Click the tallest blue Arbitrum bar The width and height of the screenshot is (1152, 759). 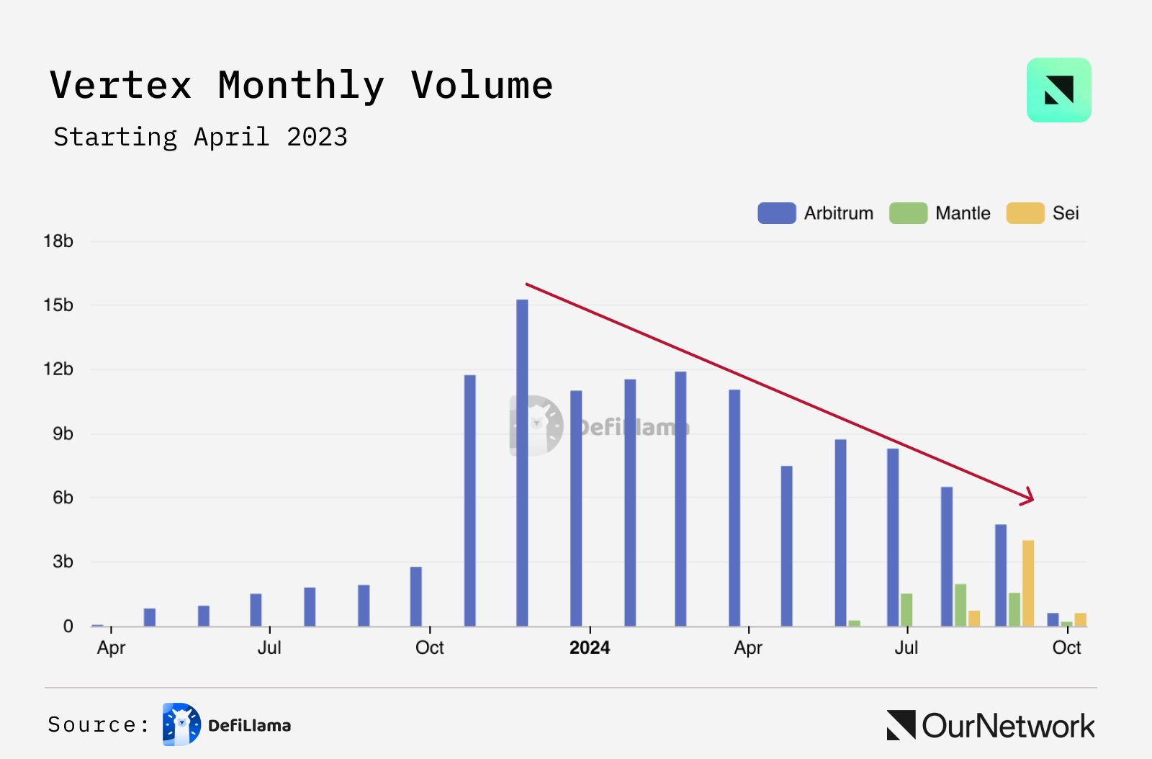click(522, 461)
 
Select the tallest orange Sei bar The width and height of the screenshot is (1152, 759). click(1028, 583)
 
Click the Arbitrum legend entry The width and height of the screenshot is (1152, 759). click(815, 213)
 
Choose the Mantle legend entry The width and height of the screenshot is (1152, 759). click(940, 213)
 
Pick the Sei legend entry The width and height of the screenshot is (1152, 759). click(1043, 213)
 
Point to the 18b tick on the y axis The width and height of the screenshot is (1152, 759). click(58, 241)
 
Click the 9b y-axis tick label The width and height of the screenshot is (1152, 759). click(63, 434)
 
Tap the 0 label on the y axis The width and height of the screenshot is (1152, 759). click(68, 626)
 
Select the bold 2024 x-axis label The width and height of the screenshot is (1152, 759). click(590, 647)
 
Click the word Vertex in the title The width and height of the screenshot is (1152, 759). click(121, 85)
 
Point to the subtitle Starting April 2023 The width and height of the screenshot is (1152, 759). click(200, 137)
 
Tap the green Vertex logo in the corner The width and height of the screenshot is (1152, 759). click(1058, 90)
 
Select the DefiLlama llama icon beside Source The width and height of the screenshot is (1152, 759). click(181, 724)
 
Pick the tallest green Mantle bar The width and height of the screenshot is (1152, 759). click(960, 605)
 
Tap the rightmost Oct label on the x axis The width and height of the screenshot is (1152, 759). click(1066, 647)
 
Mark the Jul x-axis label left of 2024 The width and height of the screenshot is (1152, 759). click(269, 647)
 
